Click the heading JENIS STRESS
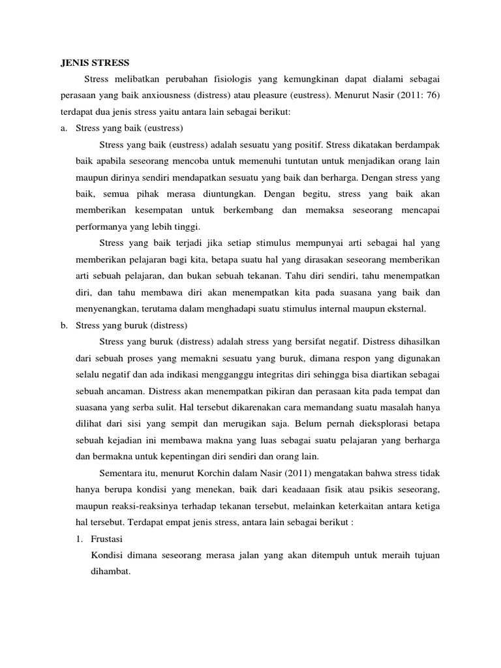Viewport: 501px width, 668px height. [91, 63]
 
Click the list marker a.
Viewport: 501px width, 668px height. [64, 129]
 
